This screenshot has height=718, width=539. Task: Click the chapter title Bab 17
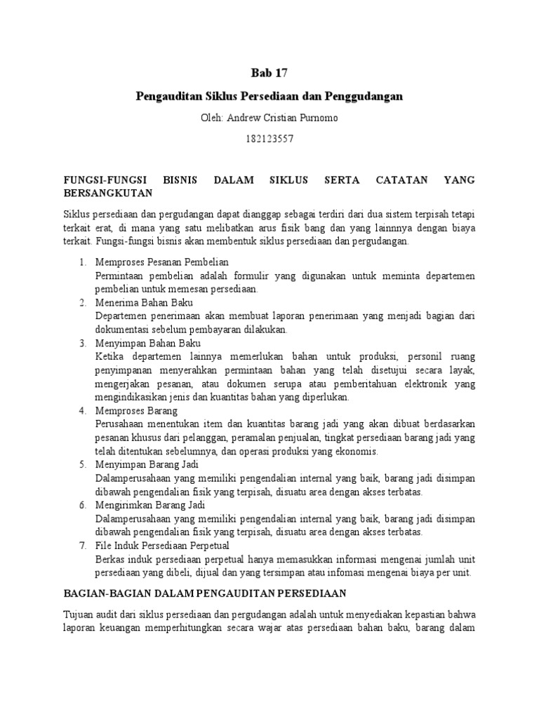click(269, 72)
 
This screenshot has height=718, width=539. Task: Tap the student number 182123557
click(269, 139)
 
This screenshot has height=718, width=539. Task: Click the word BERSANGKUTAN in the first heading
click(106, 191)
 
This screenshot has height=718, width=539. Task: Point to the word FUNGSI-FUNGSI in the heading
click(106, 180)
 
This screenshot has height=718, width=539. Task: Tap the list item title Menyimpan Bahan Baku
click(147, 343)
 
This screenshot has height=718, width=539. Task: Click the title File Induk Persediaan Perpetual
click(159, 546)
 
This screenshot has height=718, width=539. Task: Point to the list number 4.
click(81, 410)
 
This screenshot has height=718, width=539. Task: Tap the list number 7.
click(81, 546)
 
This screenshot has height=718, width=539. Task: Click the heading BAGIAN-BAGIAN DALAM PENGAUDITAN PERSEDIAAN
click(211, 592)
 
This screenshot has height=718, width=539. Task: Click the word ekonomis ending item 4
click(359, 451)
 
